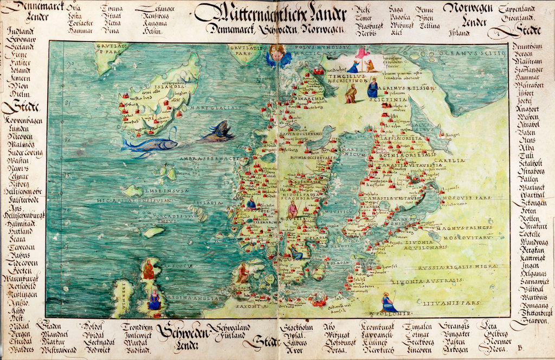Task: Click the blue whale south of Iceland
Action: point(150,144)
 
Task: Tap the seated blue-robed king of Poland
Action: point(388,303)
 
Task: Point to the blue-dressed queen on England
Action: point(154,300)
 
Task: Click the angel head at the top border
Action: point(277,54)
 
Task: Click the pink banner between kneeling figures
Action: point(361,53)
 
